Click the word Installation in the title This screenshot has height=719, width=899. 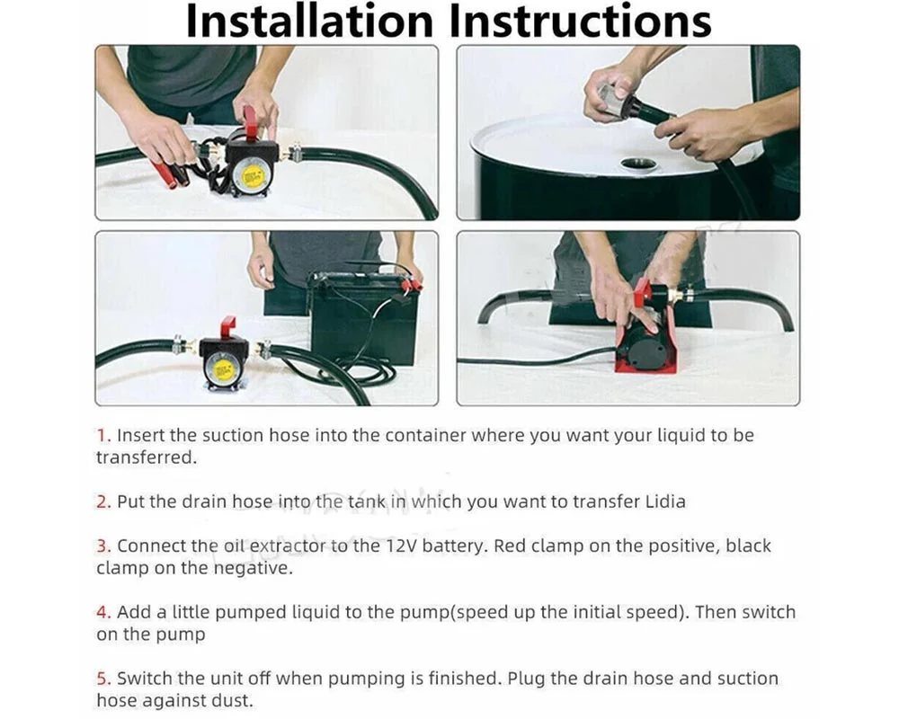[x=309, y=22]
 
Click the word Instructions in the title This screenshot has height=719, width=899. [x=580, y=22]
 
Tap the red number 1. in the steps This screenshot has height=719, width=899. [x=103, y=436]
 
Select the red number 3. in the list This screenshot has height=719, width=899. [x=103, y=546]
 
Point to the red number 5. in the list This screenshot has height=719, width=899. [x=103, y=679]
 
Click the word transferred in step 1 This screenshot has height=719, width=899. [x=146, y=457]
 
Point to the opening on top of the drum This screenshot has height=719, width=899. [x=638, y=164]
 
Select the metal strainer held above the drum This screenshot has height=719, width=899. [x=610, y=97]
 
